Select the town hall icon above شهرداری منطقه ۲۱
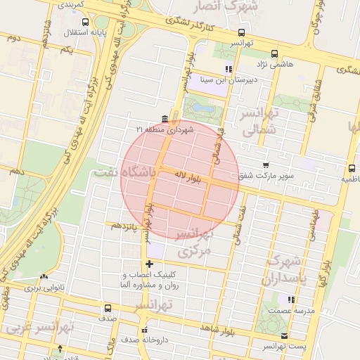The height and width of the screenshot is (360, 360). tap(165, 117)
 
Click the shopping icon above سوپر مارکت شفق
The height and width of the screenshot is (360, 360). tap(265, 165)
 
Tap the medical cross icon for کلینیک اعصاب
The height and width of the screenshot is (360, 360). tap(148, 263)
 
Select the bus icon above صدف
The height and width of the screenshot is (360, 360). tap(108, 308)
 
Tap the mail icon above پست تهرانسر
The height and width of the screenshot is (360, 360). tap(284, 336)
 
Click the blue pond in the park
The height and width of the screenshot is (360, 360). tap(202, 109)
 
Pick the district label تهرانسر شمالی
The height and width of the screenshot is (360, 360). tap(260, 121)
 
